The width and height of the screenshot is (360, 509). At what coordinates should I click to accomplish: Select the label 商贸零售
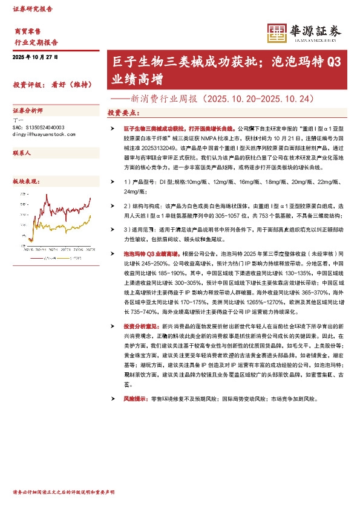pos(27,30)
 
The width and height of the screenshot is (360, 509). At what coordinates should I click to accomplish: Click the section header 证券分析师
pos(28,111)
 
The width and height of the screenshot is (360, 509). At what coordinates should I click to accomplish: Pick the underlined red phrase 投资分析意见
pos(142,326)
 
